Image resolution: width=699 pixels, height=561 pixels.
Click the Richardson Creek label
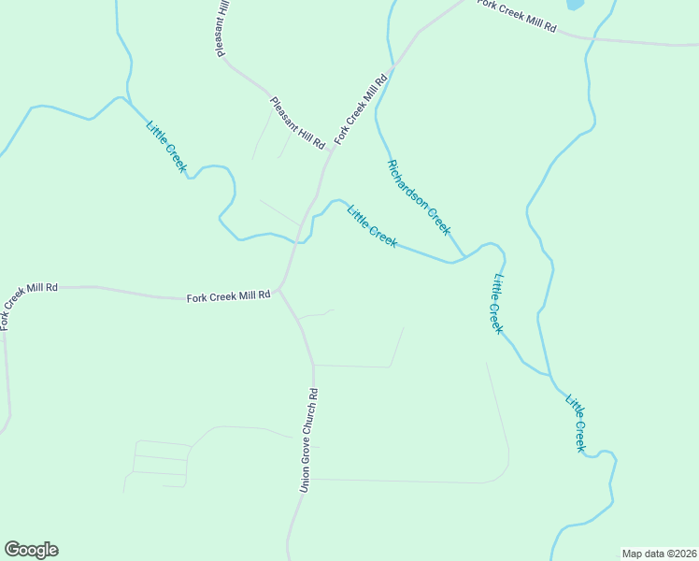(419, 196)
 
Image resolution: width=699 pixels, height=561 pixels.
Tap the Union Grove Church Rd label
(309, 440)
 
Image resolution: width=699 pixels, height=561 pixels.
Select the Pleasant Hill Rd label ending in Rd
(297, 123)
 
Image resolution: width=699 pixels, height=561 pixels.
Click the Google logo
(31, 550)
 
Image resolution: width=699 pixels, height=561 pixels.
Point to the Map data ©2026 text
(660, 554)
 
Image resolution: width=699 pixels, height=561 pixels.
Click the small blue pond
(574, 4)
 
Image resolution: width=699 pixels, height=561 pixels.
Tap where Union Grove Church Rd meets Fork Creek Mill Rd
(278, 290)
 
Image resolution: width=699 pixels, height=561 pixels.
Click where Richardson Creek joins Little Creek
(464, 256)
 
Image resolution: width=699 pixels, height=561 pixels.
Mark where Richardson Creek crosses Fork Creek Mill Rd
(387, 73)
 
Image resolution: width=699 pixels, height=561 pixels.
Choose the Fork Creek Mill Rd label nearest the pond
(517, 16)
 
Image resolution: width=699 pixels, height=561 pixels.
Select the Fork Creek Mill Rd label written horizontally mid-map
(228, 296)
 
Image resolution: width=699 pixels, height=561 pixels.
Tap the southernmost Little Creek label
(576, 423)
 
